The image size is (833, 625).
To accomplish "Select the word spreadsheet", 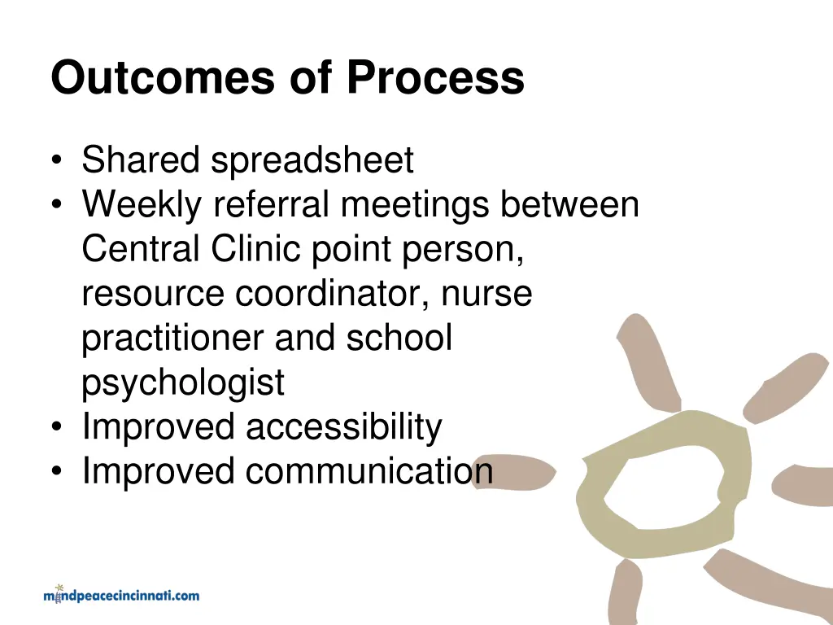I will [312, 160].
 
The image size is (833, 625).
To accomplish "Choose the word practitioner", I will [172, 339].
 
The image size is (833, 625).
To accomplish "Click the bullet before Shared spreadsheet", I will [55, 161].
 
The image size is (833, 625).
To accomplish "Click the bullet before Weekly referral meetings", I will [55, 206].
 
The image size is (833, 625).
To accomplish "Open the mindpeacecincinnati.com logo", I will [120, 595].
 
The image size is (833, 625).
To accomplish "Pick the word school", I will [399, 339].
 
